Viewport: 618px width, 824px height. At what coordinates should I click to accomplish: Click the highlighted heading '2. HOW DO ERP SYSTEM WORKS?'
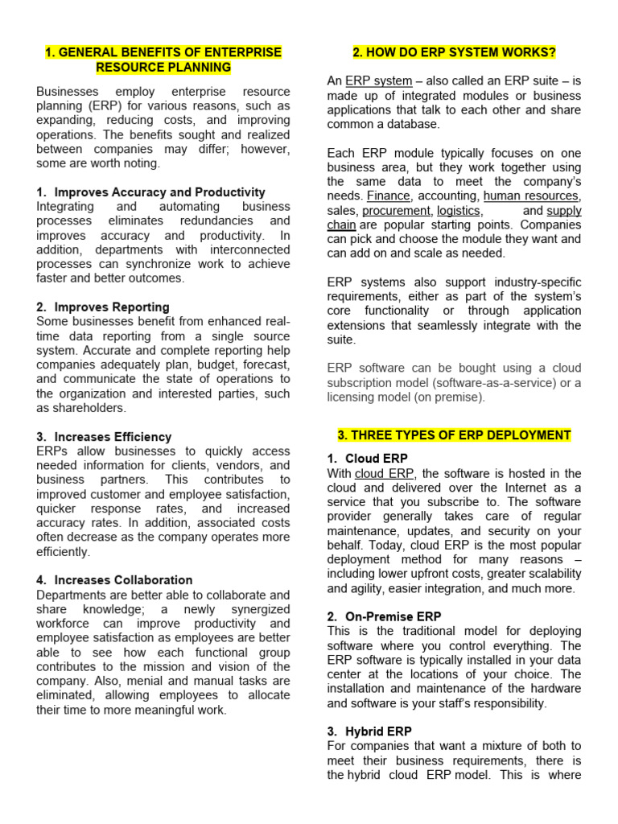coord(454,53)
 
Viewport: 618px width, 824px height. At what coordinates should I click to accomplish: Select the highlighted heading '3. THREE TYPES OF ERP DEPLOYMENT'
coord(454,435)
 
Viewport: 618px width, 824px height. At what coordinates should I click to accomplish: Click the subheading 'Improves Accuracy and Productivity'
coord(159,192)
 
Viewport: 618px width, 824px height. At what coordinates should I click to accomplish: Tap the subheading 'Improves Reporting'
coord(112,307)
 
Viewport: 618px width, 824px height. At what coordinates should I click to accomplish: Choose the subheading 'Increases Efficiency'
coord(113,437)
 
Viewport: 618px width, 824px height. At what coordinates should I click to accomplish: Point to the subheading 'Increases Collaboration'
coord(123,580)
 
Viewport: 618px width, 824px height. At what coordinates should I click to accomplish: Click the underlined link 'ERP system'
coord(378,81)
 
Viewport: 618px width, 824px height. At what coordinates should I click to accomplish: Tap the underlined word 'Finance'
coord(388,196)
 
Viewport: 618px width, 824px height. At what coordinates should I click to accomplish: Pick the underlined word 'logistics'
coord(458,211)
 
